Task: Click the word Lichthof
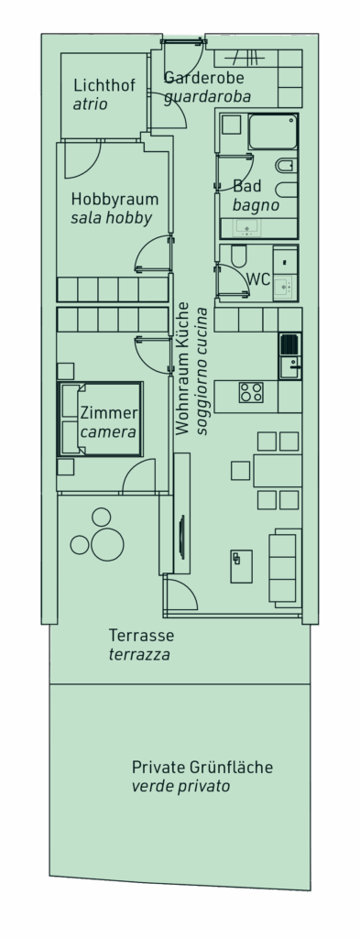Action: click(104, 85)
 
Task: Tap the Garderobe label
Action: click(204, 77)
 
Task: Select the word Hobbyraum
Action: click(115, 199)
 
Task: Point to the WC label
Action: click(258, 279)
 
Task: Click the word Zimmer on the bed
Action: click(109, 413)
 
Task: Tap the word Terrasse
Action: click(142, 635)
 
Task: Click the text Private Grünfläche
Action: click(202, 767)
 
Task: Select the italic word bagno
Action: click(256, 205)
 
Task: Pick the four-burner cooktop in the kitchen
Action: click(251, 392)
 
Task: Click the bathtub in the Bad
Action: click(273, 132)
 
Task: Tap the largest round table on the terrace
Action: click(106, 544)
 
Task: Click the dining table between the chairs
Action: click(278, 470)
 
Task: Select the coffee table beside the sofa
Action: click(241, 566)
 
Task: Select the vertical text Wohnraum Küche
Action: click(182, 368)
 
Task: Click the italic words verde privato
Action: click(180, 786)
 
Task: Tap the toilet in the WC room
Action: click(238, 256)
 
